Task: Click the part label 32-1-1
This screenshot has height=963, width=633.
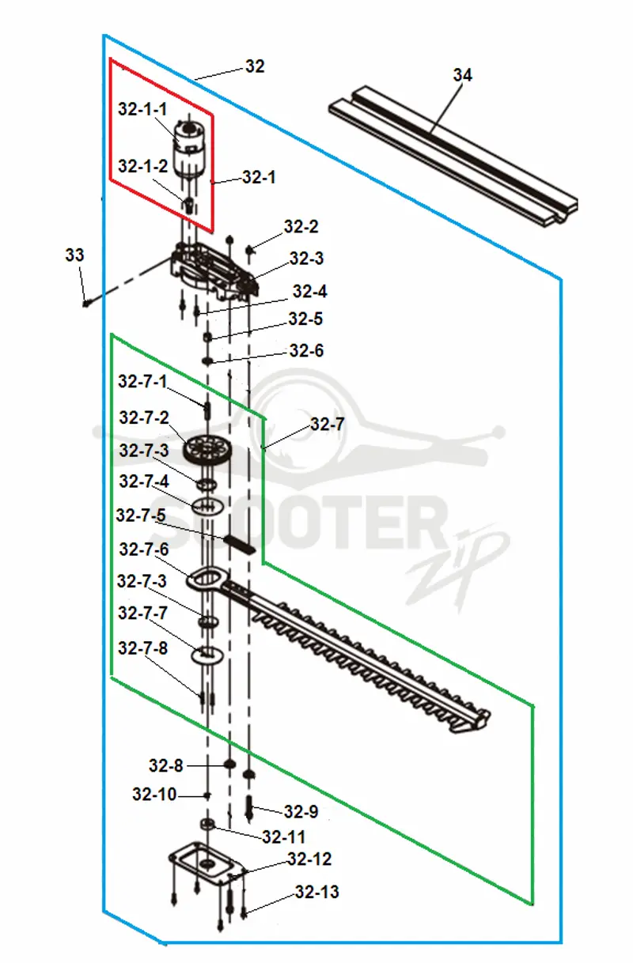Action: (142, 109)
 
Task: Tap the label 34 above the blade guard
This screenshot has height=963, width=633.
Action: (463, 75)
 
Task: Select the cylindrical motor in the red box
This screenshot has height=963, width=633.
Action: (189, 149)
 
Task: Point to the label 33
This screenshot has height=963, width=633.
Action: (74, 255)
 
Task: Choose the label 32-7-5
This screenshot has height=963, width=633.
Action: (141, 515)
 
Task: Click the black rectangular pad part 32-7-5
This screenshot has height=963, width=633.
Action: (240, 544)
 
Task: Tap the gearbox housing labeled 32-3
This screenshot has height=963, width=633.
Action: (214, 271)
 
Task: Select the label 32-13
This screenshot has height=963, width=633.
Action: (316, 892)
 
